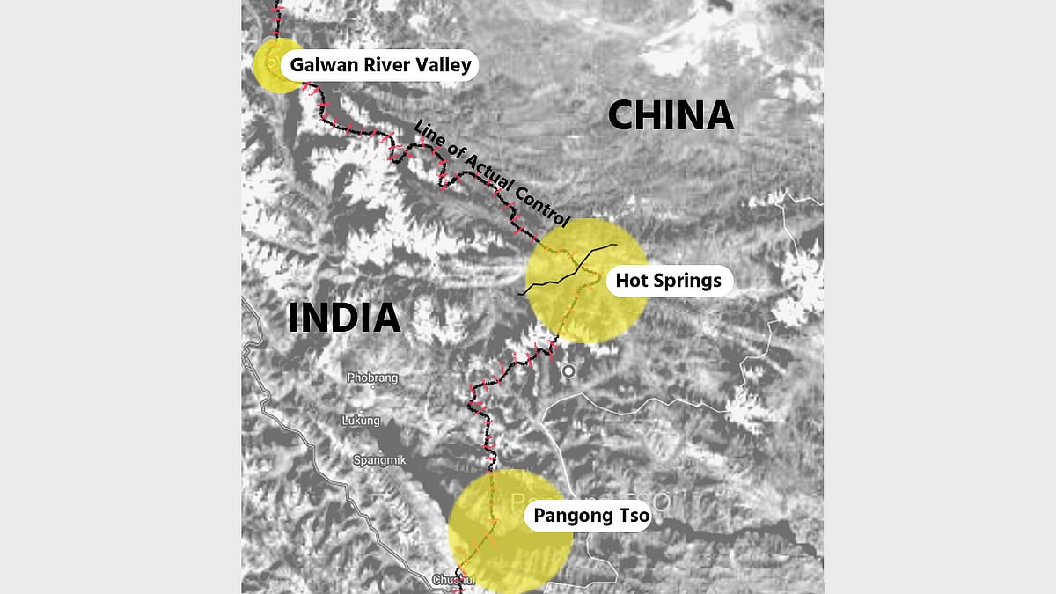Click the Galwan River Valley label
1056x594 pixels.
pyautogui.click(x=380, y=65)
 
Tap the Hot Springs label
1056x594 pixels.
pyautogui.click(x=668, y=281)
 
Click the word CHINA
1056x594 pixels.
pyautogui.click(x=671, y=115)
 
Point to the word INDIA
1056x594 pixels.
pyautogui.click(x=344, y=318)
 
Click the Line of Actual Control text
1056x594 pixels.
pyautogui.click(x=492, y=172)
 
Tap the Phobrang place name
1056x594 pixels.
pyautogui.click(x=372, y=378)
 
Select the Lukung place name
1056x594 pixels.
pyautogui.click(x=361, y=421)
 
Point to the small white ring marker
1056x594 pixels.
pyautogui.click(x=568, y=371)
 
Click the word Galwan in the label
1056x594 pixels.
pyautogui.click(x=325, y=65)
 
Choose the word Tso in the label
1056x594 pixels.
pyautogui.click(x=631, y=516)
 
